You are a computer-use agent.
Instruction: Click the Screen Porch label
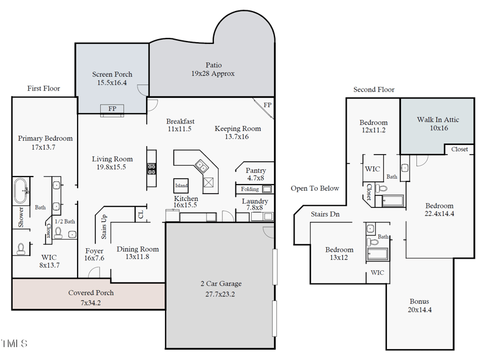tap(112, 78)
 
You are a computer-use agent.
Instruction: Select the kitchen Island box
tap(181, 185)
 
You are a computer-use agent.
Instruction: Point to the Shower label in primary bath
tap(21, 218)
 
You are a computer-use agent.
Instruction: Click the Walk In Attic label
tap(438, 124)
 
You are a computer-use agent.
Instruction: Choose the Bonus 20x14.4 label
tap(419, 306)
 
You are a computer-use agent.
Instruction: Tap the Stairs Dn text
tap(325, 215)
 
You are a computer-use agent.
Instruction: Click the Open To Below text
tap(315, 188)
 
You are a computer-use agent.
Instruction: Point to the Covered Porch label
tap(90, 298)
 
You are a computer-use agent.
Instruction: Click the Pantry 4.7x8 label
tap(255, 174)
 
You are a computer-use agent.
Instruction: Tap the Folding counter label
tap(250, 189)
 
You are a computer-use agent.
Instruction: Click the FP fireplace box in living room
tap(112, 109)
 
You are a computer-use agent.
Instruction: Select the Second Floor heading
tap(373, 90)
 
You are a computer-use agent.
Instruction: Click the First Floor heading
tap(43, 89)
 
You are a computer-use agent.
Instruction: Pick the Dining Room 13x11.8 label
tap(138, 253)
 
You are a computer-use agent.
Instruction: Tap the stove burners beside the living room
tap(151, 167)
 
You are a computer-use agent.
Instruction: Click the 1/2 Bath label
tap(64, 221)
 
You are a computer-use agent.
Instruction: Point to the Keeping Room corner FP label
tap(267, 105)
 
